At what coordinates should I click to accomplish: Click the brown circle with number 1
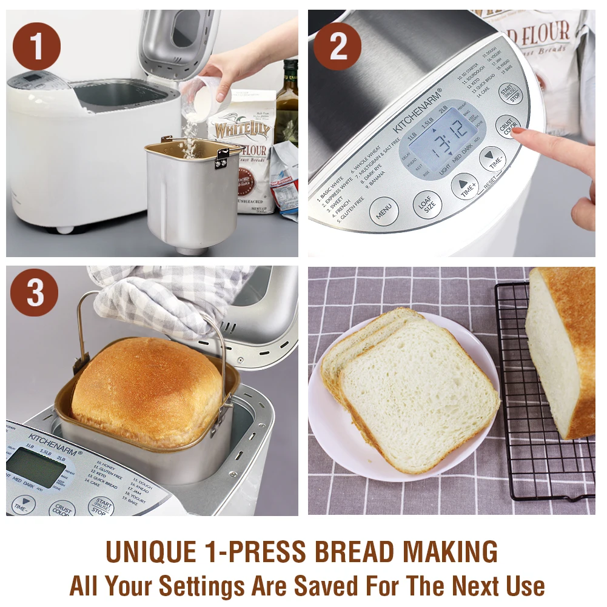pyautogui.click(x=36, y=47)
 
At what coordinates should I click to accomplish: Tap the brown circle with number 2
pyautogui.click(x=338, y=47)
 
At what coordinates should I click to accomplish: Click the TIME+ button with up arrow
pyautogui.click(x=465, y=186)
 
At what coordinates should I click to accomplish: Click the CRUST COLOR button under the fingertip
pyautogui.click(x=508, y=127)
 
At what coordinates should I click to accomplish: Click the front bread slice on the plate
pyautogui.click(x=418, y=394)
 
